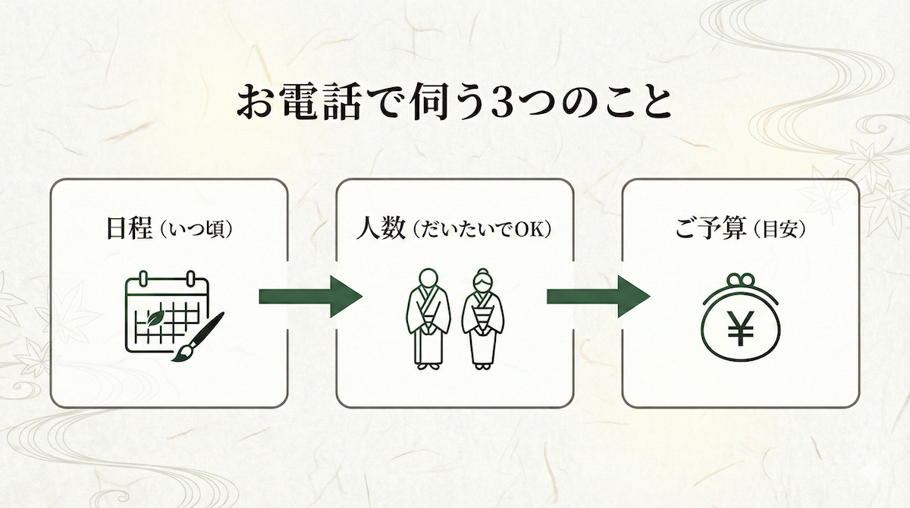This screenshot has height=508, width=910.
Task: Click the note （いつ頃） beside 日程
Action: point(192,230)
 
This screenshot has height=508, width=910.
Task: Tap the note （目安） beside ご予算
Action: point(777,230)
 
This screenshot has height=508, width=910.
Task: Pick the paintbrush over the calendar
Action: point(199,337)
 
